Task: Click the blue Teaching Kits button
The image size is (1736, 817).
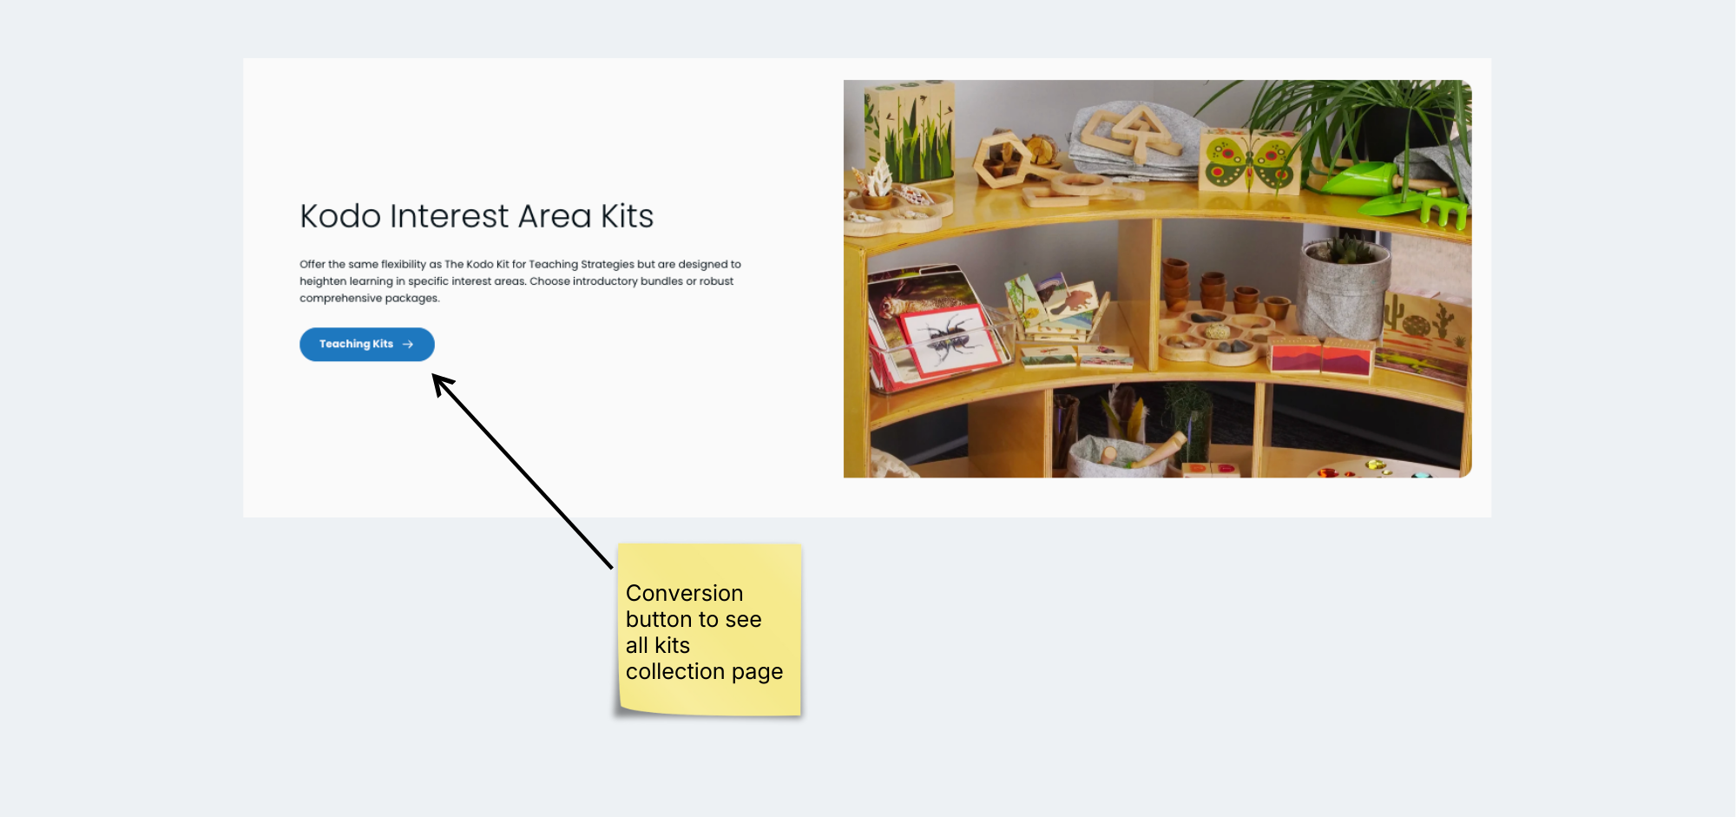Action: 366,344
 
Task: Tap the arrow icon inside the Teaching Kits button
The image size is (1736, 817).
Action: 408,345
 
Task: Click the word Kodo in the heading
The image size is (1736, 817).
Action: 340,216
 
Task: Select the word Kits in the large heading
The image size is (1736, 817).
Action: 627,216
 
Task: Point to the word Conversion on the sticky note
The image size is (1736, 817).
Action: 684,593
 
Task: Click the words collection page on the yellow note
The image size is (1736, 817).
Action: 704,672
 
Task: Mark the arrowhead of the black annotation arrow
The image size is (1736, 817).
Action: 441,383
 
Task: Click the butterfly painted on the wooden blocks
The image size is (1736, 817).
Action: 1250,161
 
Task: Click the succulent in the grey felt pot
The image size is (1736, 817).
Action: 1343,249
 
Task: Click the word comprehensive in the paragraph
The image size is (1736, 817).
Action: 340,299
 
